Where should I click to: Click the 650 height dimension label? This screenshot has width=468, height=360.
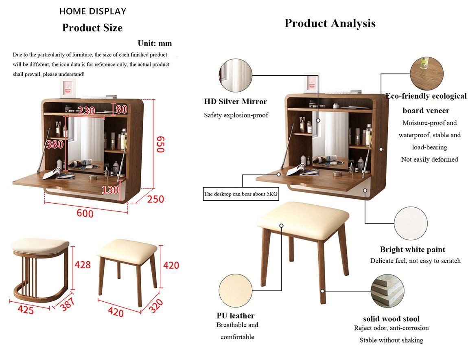tap(161, 144)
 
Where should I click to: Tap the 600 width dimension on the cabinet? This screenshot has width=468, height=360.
tap(85, 213)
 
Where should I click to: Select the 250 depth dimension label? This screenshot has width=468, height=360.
tap(155, 199)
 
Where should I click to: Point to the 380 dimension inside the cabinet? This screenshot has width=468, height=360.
tap(55, 145)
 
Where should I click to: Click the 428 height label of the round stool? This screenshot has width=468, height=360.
tap(82, 265)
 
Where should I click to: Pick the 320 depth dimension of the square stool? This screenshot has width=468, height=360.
tap(155, 306)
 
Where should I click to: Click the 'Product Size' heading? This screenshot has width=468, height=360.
tap(92, 28)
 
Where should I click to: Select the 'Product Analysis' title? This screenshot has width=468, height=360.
tap(330, 23)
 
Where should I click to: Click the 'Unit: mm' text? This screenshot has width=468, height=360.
tap(155, 43)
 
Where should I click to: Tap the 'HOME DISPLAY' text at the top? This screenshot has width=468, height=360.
tap(93, 11)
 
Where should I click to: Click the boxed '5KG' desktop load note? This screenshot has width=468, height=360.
tap(241, 194)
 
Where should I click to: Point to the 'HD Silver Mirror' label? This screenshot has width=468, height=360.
tap(236, 101)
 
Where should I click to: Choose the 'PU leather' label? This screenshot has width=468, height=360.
tap(236, 316)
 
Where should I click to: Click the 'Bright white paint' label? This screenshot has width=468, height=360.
tap(413, 250)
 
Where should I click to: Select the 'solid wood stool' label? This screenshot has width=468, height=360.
tap(391, 318)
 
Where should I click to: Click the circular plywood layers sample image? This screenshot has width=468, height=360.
tap(387, 291)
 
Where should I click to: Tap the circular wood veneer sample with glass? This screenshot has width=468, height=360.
tap(426, 73)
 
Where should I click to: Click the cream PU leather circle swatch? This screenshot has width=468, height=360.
tap(236, 290)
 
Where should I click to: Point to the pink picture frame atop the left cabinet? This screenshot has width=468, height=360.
tap(68, 88)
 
